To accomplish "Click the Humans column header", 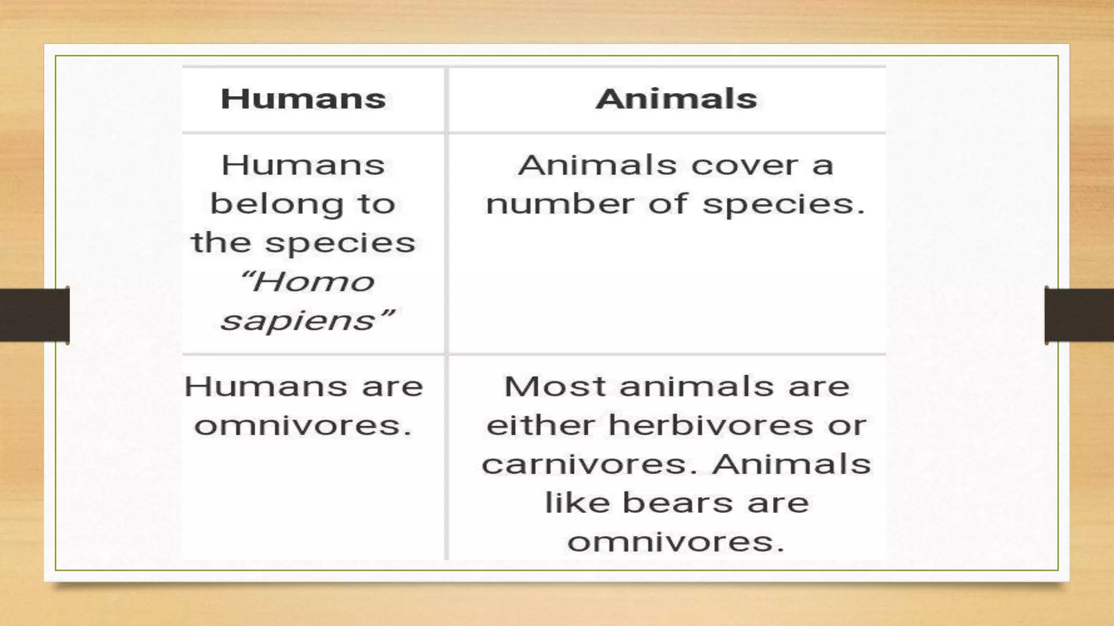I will [x=303, y=99].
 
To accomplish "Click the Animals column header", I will [x=676, y=99].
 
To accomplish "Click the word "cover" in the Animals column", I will [x=744, y=165].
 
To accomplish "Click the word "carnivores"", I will [x=586, y=465].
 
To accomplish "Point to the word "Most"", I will [x=554, y=386].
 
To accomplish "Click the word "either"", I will [x=540, y=425].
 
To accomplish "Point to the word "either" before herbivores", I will [x=540, y=425].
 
